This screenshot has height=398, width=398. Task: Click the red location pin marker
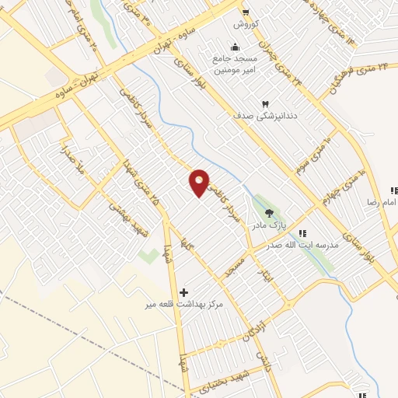(x=200, y=183)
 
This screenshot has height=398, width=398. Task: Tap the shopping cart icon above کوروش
(x=246, y=12)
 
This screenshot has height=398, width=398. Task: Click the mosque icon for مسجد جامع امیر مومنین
(x=236, y=45)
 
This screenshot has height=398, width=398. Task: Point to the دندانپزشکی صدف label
(x=264, y=116)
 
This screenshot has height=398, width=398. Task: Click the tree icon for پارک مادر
(x=270, y=212)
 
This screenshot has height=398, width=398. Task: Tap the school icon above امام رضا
(x=394, y=190)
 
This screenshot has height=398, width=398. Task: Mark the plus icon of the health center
(x=183, y=292)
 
